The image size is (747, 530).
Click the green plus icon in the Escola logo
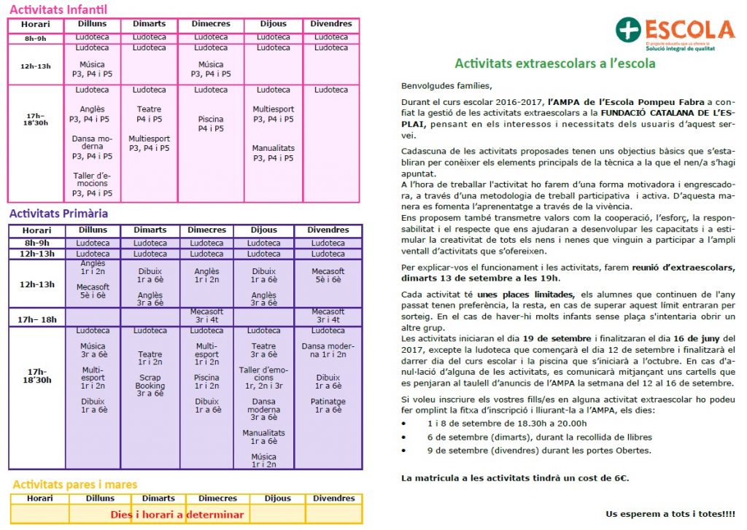628,30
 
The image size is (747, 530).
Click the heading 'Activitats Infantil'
58,9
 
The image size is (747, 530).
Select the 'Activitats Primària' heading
58,214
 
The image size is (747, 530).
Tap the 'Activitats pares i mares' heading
74,484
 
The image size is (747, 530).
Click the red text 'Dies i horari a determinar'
177,514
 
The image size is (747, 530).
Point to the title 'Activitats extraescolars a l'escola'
554,63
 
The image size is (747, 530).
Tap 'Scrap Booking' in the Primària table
150,382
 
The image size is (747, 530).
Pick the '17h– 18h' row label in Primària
37,319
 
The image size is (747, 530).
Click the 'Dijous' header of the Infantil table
274,24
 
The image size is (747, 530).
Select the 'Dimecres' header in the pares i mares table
217,499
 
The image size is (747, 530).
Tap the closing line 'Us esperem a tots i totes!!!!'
670,513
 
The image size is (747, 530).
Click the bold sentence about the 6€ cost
515,478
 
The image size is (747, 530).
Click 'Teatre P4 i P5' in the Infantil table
149,114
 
